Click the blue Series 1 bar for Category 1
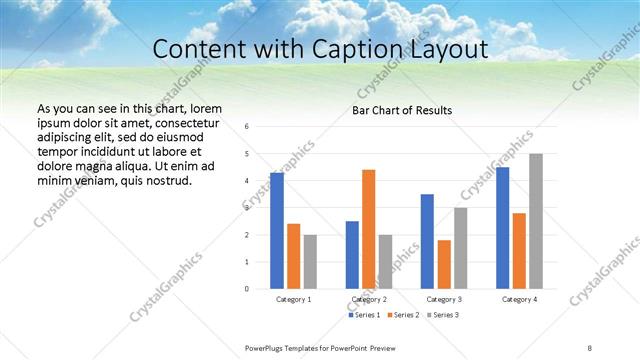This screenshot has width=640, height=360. pos(277,231)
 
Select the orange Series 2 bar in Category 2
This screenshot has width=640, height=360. pos(368,229)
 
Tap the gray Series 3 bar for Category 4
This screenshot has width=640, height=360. pos(536,221)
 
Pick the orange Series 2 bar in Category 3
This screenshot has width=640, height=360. pos(443,264)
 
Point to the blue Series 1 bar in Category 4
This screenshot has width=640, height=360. pos(502,228)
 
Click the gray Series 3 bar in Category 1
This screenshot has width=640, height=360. pos(310,262)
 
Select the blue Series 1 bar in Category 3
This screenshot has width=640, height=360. pos(427,241)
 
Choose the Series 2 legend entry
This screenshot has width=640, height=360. pos(404,315)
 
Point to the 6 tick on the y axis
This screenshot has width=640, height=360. pos(247,127)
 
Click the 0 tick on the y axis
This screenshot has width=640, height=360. pos(247,289)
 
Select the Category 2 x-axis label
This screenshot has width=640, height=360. pos(369,299)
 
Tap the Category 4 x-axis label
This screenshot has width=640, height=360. pos(519,299)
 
